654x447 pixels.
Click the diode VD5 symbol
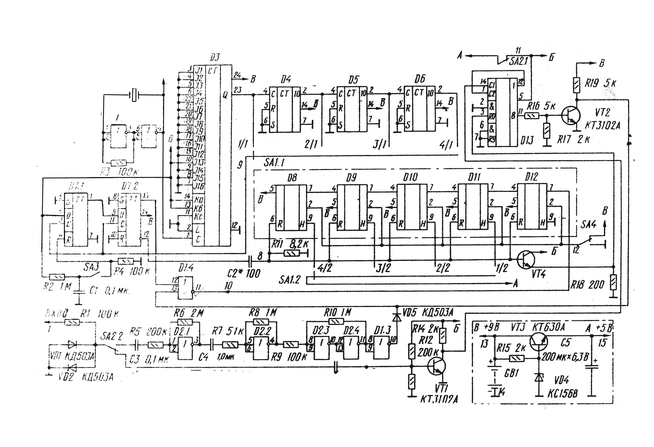pyautogui.click(x=397, y=317)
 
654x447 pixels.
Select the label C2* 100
pyautogui.click(x=244, y=273)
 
